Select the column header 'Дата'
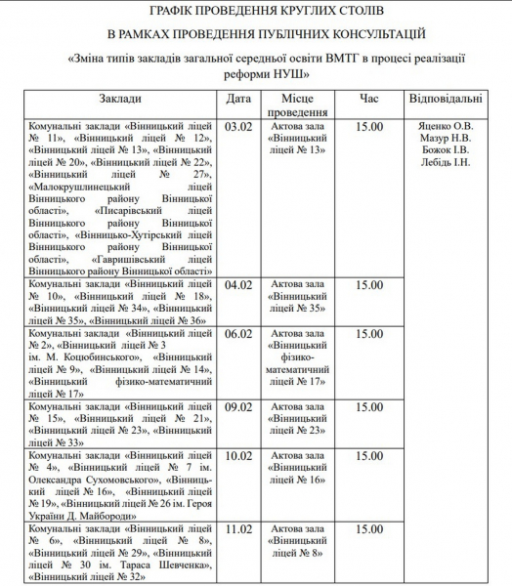pyautogui.click(x=238, y=100)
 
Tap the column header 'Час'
pyautogui.click(x=369, y=100)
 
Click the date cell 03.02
pyautogui.click(x=238, y=127)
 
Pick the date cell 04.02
pyautogui.click(x=238, y=285)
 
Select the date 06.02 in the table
pyautogui.click(x=238, y=334)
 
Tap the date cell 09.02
pyautogui.click(x=238, y=406)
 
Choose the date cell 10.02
pyautogui.click(x=238, y=455)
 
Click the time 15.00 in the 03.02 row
pyautogui.click(x=369, y=127)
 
